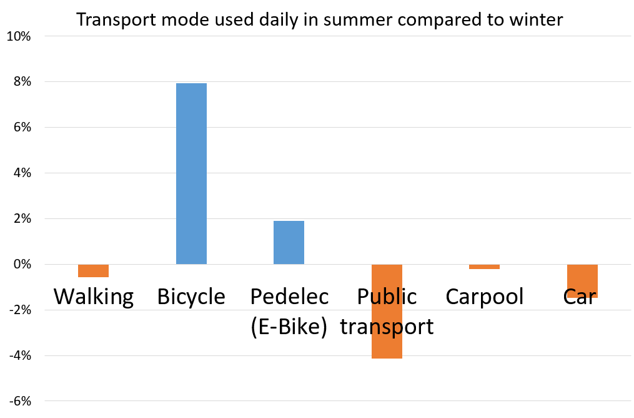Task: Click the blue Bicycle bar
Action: click(x=191, y=174)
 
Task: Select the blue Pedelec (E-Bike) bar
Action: click(x=289, y=243)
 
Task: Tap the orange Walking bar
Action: click(x=94, y=270)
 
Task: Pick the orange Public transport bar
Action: click(x=387, y=312)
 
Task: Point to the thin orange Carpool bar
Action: click(x=484, y=267)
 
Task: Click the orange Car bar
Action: click(x=582, y=281)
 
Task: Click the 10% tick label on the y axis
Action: click(x=19, y=36)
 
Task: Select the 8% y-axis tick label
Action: click(x=22, y=82)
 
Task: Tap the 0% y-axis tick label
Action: click(x=22, y=265)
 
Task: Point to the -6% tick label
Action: click(x=20, y=401)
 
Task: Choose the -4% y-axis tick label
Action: click(x=20, y=355)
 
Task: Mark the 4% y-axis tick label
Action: click(x=22, y=173)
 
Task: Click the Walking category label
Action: click(x=94, y=297)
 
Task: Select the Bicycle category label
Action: click(x=191, y=297)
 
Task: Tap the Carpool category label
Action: click(x=484, y=297)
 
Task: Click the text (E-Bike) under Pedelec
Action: click(x=289, y=327)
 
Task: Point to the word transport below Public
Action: click(x=387, y=327)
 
